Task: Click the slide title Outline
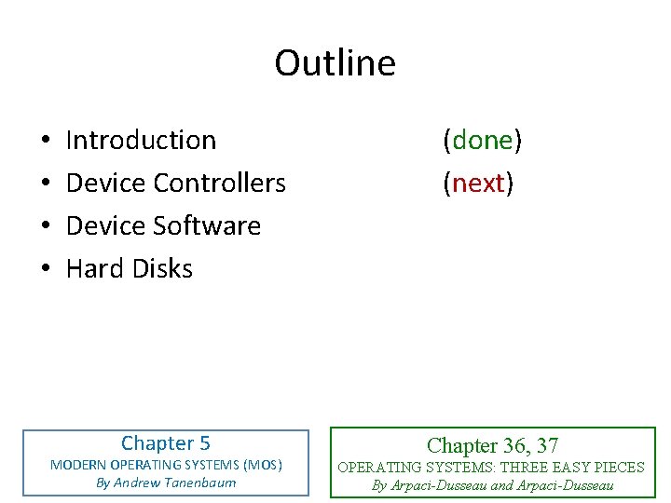335,63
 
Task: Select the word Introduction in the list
141,140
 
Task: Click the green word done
483,140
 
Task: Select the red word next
478,183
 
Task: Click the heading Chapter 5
166,443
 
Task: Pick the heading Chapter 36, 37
492,446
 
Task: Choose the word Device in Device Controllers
106,183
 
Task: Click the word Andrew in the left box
139,483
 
